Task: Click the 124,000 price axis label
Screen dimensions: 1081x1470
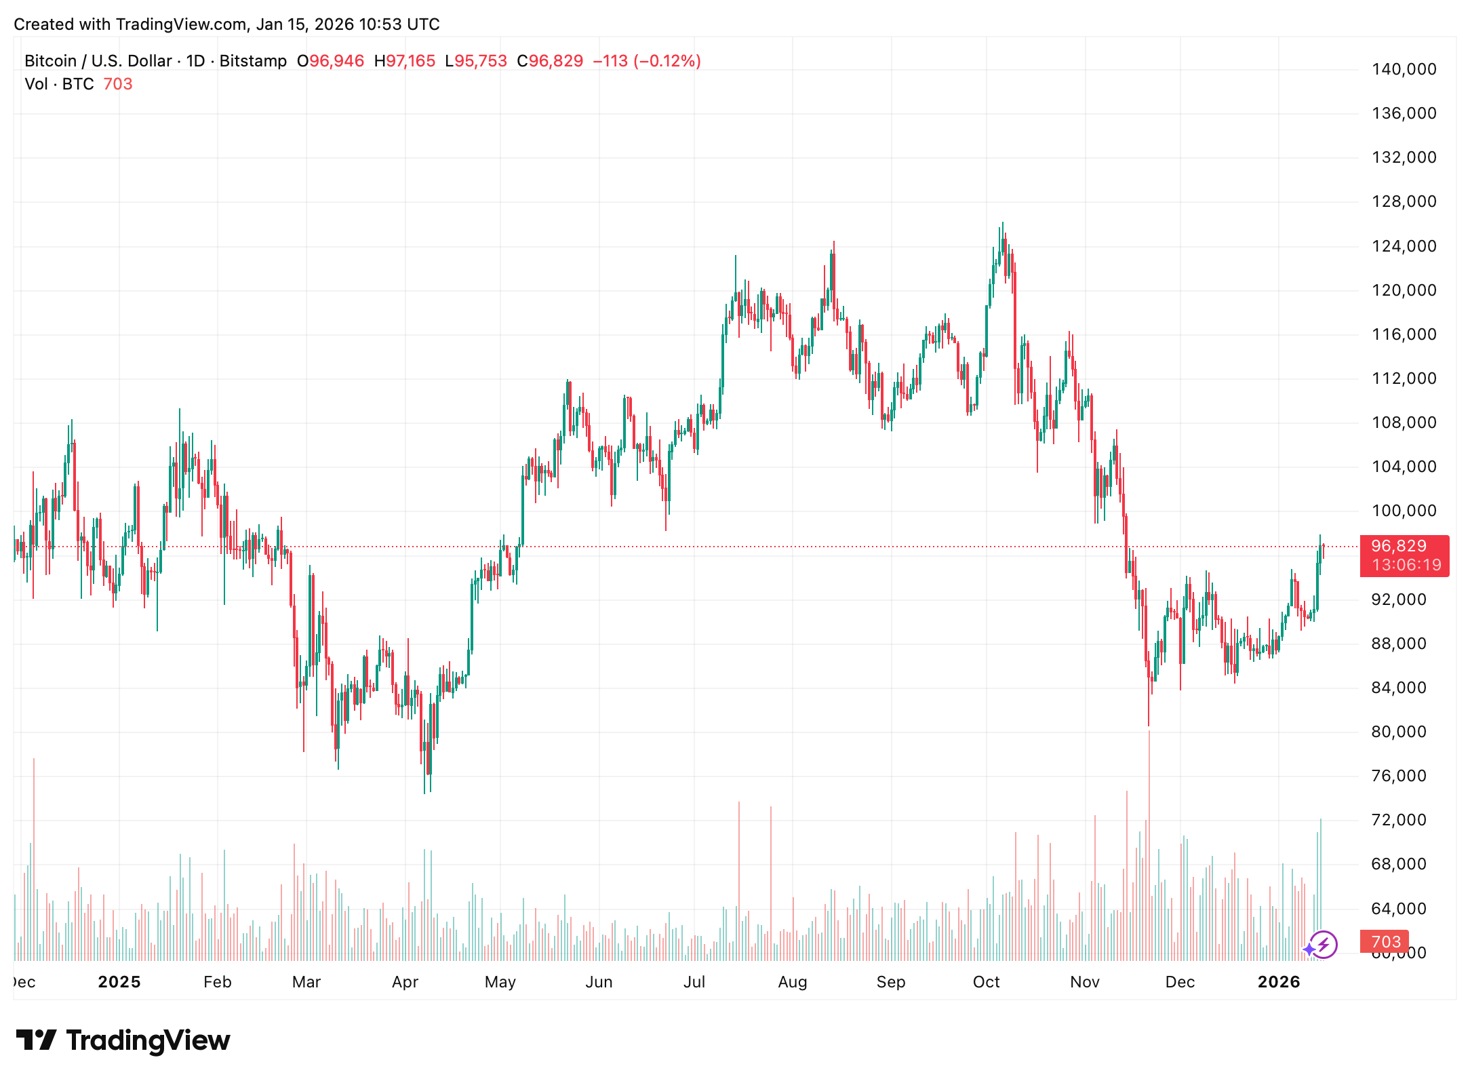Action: tap(1404, 246)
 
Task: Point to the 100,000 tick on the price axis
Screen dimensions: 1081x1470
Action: tap(1404, 511)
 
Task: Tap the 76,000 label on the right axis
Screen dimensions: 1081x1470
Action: tap(1398, 776)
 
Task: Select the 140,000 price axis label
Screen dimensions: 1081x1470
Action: tap(1404, 69)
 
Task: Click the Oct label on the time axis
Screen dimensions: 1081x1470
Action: tap(986, 982)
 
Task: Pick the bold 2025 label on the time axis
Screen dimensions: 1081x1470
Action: tap(119, 982)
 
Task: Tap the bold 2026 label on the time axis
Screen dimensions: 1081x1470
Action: tap(1278, 982)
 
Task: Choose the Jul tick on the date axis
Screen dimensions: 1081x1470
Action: tap(694, 982)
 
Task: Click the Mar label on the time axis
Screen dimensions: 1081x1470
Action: tap(306, 982)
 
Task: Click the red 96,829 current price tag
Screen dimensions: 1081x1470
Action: tap(1398, 546)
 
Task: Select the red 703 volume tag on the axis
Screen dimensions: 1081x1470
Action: tap(1385, 942)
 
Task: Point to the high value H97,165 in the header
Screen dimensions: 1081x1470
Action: tap(405, 61)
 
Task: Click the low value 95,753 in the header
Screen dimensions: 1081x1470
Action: tap(480, 61)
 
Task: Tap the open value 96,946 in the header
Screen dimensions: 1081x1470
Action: tap(336, 61)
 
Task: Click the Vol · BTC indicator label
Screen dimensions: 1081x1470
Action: tap(59, 84)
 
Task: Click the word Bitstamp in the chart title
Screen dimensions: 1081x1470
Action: tap(253, 61)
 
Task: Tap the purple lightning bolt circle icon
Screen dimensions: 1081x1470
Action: tap(1323, 945)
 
